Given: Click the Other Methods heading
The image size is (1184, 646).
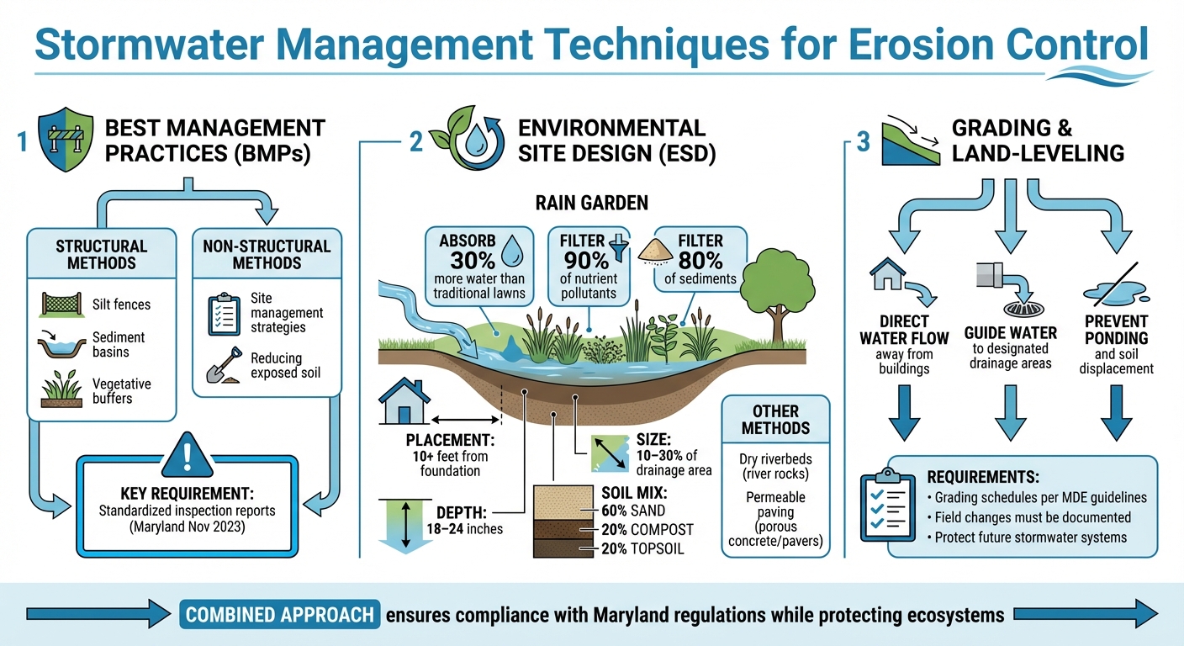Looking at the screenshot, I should (775, 420).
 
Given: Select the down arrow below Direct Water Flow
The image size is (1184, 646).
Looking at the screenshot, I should (904, 411).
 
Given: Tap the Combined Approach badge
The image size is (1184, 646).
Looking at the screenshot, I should (279, 614).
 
